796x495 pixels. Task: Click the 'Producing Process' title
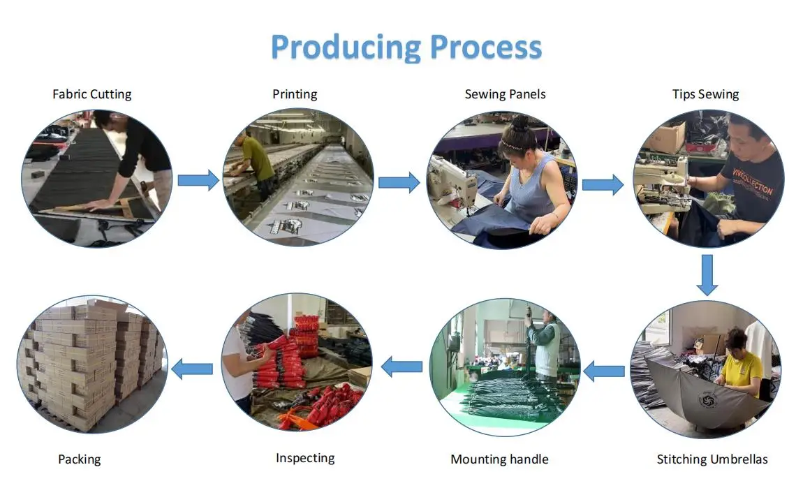(x=406, y=47)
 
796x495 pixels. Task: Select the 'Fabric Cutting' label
(x=91, y=94)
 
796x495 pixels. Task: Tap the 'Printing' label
(x=295, y=94)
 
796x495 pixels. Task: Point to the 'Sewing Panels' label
(x=505, y=94)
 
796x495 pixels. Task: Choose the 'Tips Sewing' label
(x=705, y=94)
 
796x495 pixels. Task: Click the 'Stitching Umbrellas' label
(x=712, y=459)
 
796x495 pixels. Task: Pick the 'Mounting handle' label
(x=499, y=459)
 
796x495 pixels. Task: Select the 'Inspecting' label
(x=305, y=458)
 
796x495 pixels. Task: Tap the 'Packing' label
(x=80, y=459)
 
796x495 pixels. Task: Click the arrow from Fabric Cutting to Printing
(x=198, y=180)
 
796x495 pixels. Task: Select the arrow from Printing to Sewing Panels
(x=399, y=183)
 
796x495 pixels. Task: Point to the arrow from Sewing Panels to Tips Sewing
(x=603, y=184)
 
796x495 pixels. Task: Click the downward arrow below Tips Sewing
(x=707, y=274)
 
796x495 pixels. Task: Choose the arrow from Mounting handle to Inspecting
(x=401, y=366)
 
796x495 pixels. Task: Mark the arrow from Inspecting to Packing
(x=192, y=368)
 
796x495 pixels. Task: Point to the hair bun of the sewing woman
(x=519, y=124)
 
